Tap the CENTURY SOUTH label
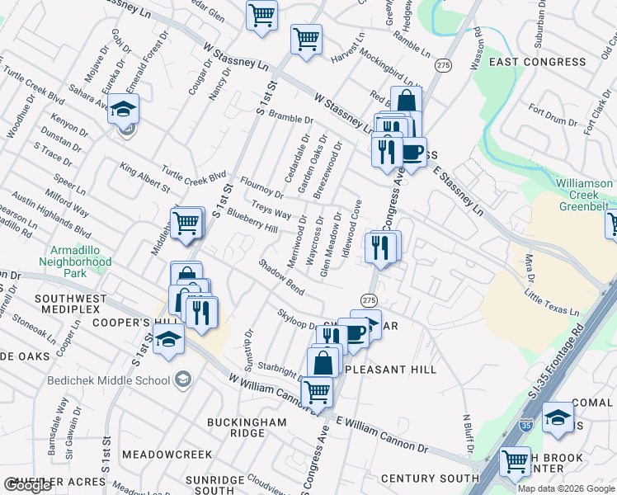430,478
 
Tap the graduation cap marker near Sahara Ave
123,109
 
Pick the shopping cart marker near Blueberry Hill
187,223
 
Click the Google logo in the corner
28,485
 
